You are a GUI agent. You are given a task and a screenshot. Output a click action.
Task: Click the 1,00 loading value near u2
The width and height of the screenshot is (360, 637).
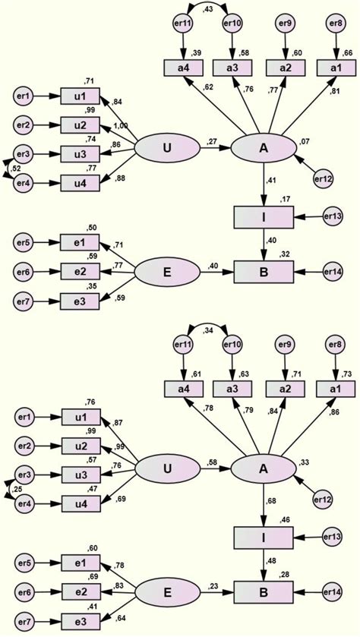click(x=121, y=126)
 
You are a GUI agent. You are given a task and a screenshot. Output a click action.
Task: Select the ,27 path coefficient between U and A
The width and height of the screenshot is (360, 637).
click(x=212, y=140)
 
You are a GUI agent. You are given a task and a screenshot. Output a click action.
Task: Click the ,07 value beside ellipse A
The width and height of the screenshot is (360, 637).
click(x=305, y=141)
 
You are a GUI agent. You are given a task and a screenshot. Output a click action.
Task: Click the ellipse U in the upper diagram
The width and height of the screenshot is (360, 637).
click(x=166, y=148)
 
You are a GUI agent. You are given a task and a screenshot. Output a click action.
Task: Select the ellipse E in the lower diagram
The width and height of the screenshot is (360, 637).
click(x=166, y=589)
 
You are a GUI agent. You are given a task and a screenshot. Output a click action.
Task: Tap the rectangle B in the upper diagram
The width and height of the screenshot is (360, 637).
click(x=263, y=270)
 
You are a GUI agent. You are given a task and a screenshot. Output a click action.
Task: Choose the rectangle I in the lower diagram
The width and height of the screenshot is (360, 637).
click(x=263, y=538)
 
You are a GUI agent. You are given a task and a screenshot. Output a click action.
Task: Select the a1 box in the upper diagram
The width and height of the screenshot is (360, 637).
click(x=336, y=68)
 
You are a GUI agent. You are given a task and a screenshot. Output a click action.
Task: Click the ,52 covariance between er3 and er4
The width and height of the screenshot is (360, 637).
click(x=16, y=169)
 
